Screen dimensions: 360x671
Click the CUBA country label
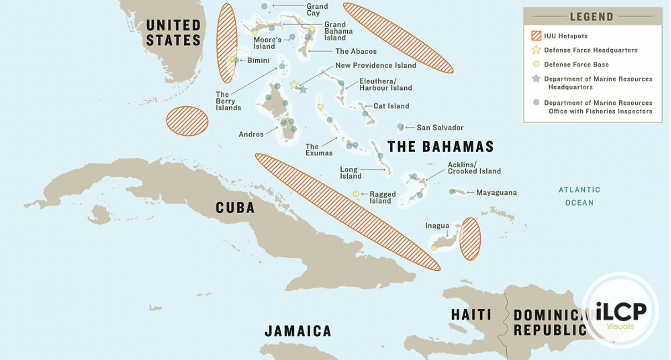[x=235, y=207]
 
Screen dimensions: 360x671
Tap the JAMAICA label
[x=298, y=331]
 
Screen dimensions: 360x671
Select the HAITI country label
[x=471, y=315]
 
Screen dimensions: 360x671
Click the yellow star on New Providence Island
[x=294, y=85]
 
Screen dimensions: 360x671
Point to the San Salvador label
[x=440, y=128]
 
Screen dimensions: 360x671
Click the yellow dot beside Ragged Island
[x=356, y=194]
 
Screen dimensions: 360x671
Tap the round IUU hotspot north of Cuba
[x=187, y=121]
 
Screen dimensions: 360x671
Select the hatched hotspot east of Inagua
[x=470, y=239]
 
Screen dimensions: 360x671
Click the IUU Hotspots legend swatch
[x=536, y=36]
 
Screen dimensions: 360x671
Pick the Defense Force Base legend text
[x=576, y=65]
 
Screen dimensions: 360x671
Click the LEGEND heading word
[x=591, y=17]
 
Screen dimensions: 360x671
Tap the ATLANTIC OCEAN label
[x=579, y=196]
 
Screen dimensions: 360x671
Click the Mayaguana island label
[x=496, y=193]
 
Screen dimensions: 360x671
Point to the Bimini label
[x=258, y=61]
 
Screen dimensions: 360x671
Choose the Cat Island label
[x=391, y=106]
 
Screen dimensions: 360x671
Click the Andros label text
[x=251, y=134]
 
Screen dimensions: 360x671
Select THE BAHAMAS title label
[x=441, y=147]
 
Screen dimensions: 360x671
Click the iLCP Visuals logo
[x=620, y=310]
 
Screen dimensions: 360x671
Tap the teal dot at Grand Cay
[x=264, y=6]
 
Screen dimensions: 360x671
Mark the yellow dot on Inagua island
[x=434, y=248]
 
